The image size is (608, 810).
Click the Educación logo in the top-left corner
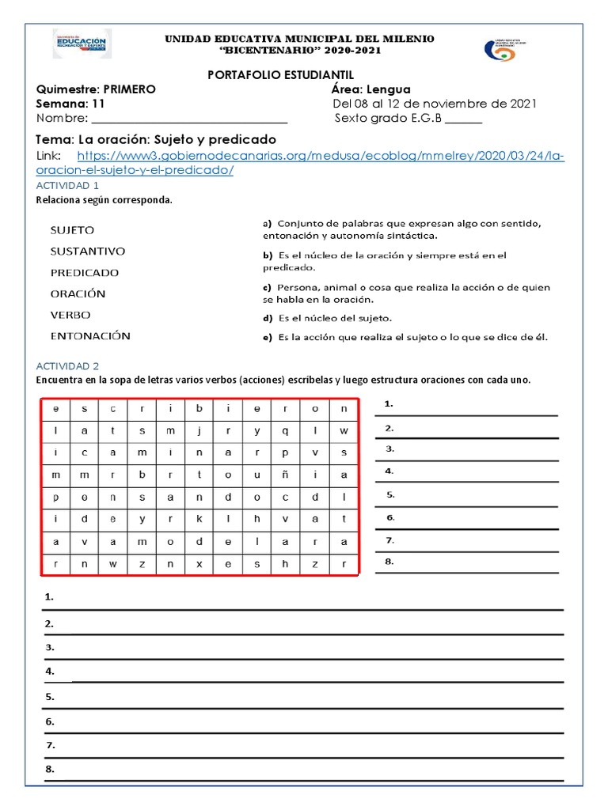82,44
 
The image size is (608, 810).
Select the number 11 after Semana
97,104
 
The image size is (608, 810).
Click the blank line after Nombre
189,119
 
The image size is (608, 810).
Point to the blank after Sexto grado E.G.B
463,119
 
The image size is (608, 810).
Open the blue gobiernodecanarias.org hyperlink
301,163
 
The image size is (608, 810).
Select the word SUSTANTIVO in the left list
87,252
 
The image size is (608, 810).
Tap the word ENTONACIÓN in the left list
90,335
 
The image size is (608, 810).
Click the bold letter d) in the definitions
268,318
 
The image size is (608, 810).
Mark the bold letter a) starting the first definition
268,223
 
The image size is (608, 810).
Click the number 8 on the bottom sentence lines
50,769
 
